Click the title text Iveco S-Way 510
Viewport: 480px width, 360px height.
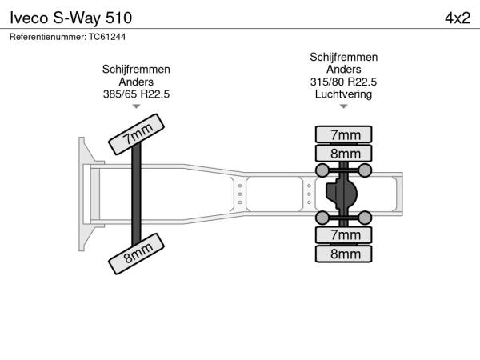click(x=70, y=18)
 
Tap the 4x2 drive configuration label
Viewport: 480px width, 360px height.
click(x=458, y=18)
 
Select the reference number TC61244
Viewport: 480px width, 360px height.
click(x=107, y=37)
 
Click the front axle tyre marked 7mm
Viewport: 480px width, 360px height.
click(x=137, y=134)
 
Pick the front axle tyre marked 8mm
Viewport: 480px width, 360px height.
click(x=137, y=254)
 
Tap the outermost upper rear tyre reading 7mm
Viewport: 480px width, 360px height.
click(x=343, y=134)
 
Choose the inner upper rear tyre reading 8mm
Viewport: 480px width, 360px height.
click(x=343, y=153)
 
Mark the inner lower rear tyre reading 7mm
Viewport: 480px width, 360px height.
click(x=343, y=234)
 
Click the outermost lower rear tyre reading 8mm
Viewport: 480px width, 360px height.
click(x=343, y=254)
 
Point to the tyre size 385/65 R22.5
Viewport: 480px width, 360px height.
click(x=136, y=94)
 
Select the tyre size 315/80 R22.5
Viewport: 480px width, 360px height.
click(x=343, y=82)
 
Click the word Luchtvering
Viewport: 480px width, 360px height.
click(x=343, y=94)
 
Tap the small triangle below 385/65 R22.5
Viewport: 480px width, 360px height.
click(x=136, y=106)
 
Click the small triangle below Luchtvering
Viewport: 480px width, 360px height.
click(x=343, y=106)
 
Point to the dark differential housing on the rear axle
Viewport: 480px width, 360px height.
click(x=342, y=193)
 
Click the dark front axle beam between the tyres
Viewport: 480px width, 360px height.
click(x=136, y=194)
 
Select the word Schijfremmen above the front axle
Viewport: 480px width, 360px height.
click(x=136, y=70)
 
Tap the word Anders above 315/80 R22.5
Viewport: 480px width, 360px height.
click(x=343, y=70)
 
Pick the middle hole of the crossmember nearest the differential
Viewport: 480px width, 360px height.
click(x=309, y=194)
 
